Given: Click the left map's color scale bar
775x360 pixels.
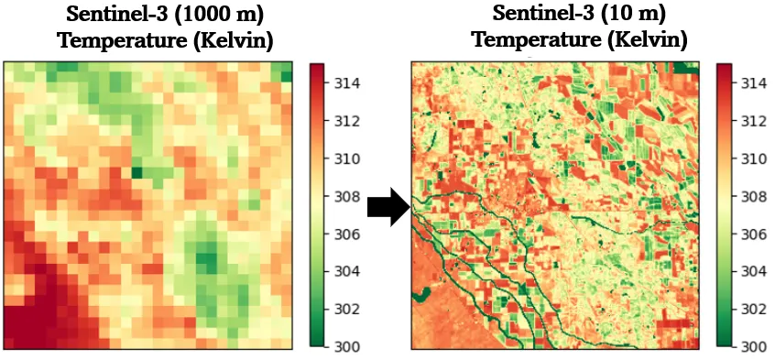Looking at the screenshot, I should click(317, 205).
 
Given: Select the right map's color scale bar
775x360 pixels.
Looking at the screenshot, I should click(723, 205).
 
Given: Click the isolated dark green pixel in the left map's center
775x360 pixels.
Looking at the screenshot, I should click(136, 171).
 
